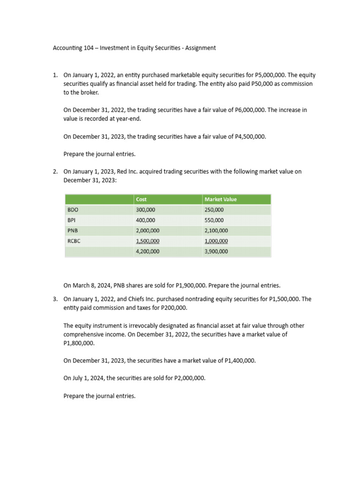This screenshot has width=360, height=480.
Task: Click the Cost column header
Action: tap(141, 199)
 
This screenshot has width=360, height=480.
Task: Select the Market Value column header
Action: tap(221, 199)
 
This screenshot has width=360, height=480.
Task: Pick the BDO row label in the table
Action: tap(73, 210)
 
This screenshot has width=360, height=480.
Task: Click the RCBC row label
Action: tap(75, 241)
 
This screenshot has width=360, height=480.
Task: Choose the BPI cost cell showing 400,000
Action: tap(146, 220)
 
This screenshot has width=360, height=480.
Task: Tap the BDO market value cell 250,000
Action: tap(214, 210)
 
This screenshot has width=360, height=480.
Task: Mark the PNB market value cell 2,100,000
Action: tap(217, 231)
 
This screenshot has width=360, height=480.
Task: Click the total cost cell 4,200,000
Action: tap(148, 252)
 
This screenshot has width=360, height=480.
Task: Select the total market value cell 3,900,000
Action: tap(217, 252)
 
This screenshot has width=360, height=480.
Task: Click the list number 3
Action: tap(55, 299)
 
